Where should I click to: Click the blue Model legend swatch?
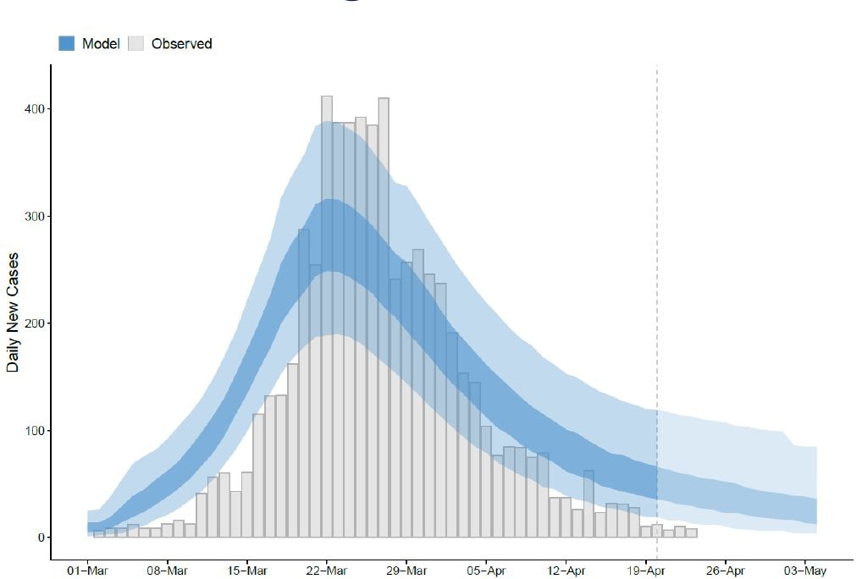click(67, 43)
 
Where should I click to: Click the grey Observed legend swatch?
click(135, 43)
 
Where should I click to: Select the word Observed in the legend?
click(181, 43)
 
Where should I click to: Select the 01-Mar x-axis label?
click(87, 571)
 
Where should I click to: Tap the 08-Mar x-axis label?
click(167, 571)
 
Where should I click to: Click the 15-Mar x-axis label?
click(246, 571)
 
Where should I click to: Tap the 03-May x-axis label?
click(804, 571)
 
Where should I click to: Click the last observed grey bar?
click(691, 533)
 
